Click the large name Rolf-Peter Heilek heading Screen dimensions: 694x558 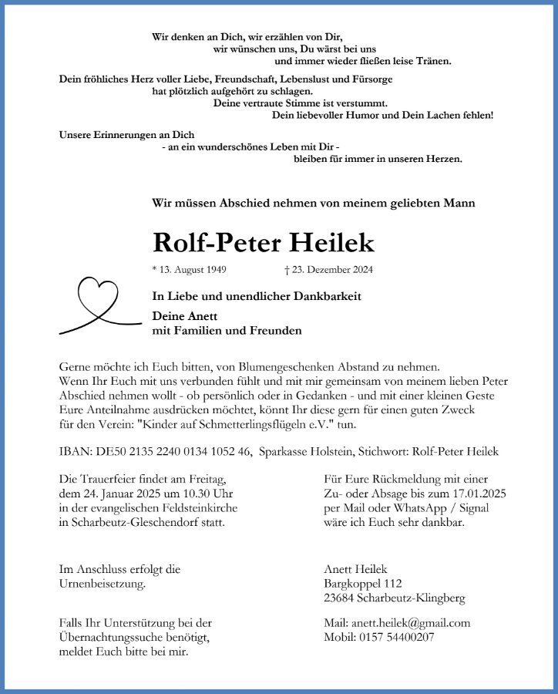[264, 243]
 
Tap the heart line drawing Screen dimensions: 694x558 [93, 305]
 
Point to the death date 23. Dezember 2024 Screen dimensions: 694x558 [328, 270]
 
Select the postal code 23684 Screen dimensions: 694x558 [340, 598]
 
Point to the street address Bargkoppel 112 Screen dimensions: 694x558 [363, 584]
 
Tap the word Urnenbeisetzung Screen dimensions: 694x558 [102, 584]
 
